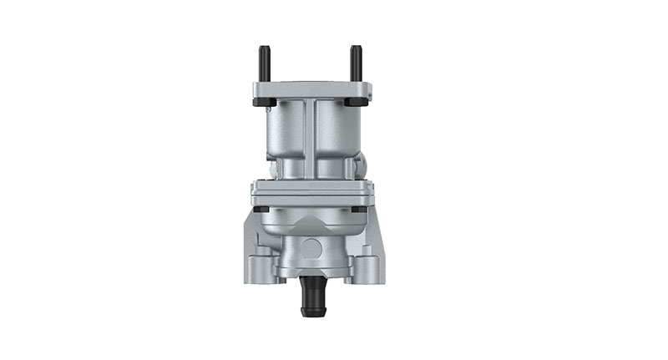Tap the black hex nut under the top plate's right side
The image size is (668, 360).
[360, 103]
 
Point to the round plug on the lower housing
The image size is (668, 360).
[311, 248]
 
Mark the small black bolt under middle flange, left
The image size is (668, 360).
[261, 209]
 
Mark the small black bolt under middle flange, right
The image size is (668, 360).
[358, 209]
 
